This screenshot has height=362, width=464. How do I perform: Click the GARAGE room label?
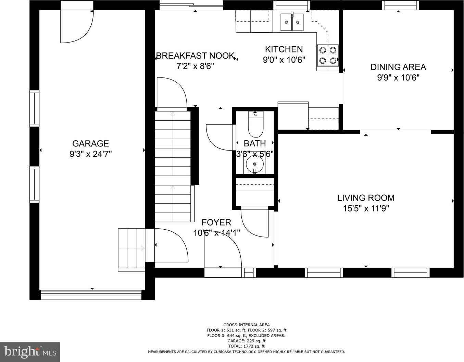(x=90, y=143)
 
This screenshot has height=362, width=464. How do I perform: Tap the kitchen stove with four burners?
(x=328, y=56)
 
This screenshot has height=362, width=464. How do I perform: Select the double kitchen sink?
(x=292, y=22)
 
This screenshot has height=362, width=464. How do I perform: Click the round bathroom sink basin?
(x=255, y=164)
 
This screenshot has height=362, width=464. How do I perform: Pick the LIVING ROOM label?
(x=366, y=198)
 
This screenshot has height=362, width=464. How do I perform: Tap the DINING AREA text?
(x=398, y=67)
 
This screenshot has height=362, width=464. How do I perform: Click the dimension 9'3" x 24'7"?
(x=90, y=154)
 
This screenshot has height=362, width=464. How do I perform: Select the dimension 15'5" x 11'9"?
(x=366, y=208)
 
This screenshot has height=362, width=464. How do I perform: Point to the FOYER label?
(x=216, y=222)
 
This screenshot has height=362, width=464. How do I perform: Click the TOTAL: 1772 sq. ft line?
(x=247, y=346)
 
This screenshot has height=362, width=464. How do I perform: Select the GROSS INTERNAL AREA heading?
(x=247, y=325)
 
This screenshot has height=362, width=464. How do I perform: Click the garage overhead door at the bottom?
(x=91, y=295)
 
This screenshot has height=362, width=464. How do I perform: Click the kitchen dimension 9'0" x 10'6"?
(x=284, y=60)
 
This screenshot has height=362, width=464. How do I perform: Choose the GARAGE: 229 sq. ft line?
(x=247, y=341)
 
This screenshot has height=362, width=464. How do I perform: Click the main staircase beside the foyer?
(x=173, y=167)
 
